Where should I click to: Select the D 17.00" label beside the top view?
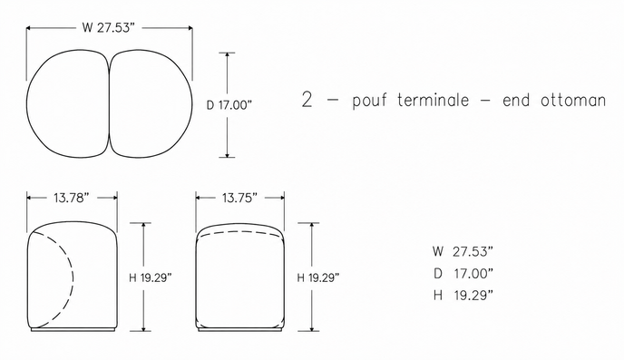[229, 105]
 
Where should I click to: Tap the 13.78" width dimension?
[72, 198]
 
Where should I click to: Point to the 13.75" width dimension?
[240, 198]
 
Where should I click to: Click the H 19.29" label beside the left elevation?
[151, 277]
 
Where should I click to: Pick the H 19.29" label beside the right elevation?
[318, 277]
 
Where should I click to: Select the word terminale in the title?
[433, 100]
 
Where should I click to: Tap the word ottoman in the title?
[573, 100]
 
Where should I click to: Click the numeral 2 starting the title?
[307, 100]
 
